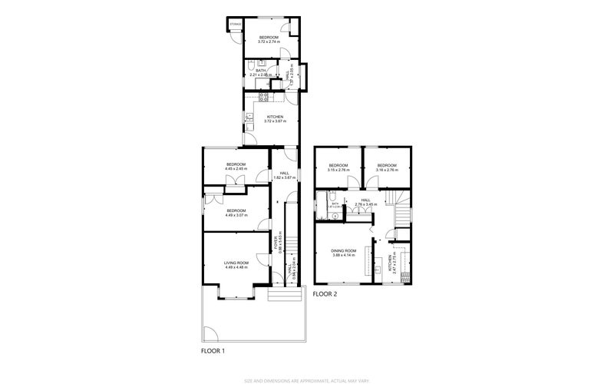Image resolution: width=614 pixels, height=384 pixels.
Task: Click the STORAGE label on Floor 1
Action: coord(236,25)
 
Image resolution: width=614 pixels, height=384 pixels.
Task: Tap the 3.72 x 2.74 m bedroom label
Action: coord(269,41)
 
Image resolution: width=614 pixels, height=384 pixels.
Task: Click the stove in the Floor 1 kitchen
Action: coord(263,97)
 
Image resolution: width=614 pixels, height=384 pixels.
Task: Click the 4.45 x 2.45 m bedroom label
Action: coord(236,167)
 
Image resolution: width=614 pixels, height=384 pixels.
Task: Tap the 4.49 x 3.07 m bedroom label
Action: coord(236,213)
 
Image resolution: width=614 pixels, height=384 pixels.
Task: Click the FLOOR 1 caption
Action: coord(213,351)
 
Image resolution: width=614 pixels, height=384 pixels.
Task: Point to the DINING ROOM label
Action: coord(344,253)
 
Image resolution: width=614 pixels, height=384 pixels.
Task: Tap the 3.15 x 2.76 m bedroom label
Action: coord(338,167)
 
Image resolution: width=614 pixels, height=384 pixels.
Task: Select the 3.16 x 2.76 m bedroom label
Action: coord(386,167)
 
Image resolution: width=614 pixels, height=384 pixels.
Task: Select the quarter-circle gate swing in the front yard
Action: coord(211,335)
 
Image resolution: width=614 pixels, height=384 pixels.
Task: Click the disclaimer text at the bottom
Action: coord(307,379)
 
